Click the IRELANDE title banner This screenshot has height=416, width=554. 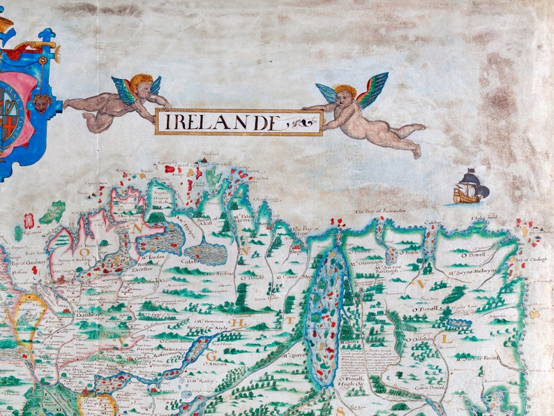coord(239,122)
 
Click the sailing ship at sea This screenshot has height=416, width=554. coord(470,187)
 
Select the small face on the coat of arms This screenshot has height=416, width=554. coord(41,104)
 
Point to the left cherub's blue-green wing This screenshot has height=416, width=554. coord(126,89)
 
